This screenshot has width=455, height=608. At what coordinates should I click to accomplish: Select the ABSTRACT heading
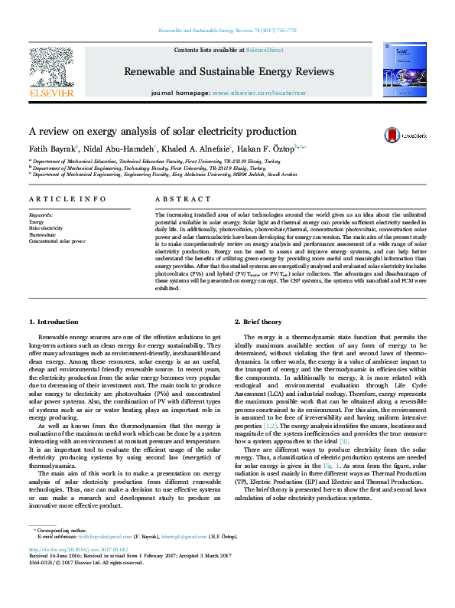pyautogui.click(x=177, y=199)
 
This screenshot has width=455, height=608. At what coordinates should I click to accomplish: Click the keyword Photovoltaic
pyautogui.click(x=41, y=234)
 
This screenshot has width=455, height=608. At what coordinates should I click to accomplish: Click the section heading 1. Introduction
pyautogui.click(x=53, y=321)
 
